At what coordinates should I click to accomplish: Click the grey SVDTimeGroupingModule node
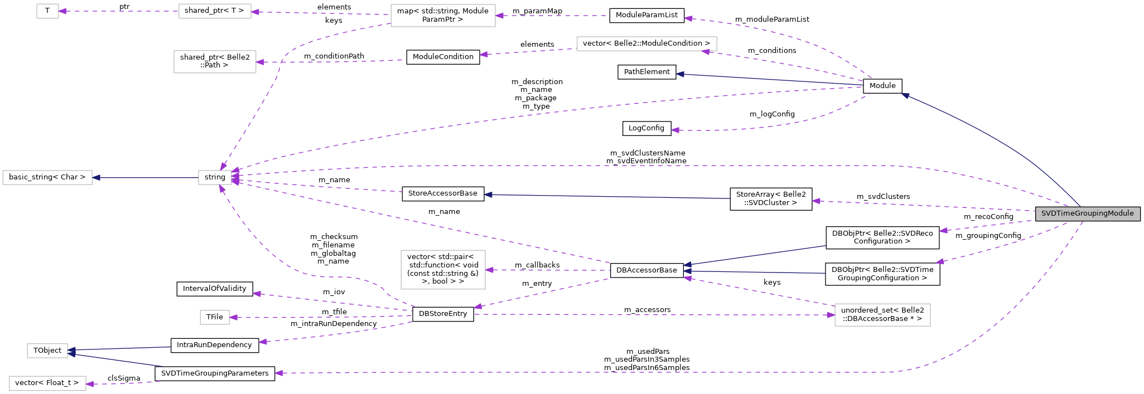click(x=1087, y=213)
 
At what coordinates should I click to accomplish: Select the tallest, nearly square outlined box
click(x=443, y=270)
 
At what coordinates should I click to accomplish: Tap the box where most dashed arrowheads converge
click(x=215, y=178)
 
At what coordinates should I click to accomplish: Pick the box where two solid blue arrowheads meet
click(x=47, y=351)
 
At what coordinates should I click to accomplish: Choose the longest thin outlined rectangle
click(x=646, y=43)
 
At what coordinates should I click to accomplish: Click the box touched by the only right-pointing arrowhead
click(x=882, y=315)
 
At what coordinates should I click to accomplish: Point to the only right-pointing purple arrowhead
click(x=831, y=315)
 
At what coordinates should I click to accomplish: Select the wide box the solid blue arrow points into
click(x=47, y=178)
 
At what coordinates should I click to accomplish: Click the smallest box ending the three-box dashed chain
click(x=47, y=11)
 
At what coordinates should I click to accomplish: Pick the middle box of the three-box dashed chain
click(x=215, y=11)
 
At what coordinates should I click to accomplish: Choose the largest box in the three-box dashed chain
click(x=443, y=16)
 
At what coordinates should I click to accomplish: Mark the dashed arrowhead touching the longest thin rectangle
click(x=706, y=51)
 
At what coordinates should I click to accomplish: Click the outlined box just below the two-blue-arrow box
click(x=47, y=383)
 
